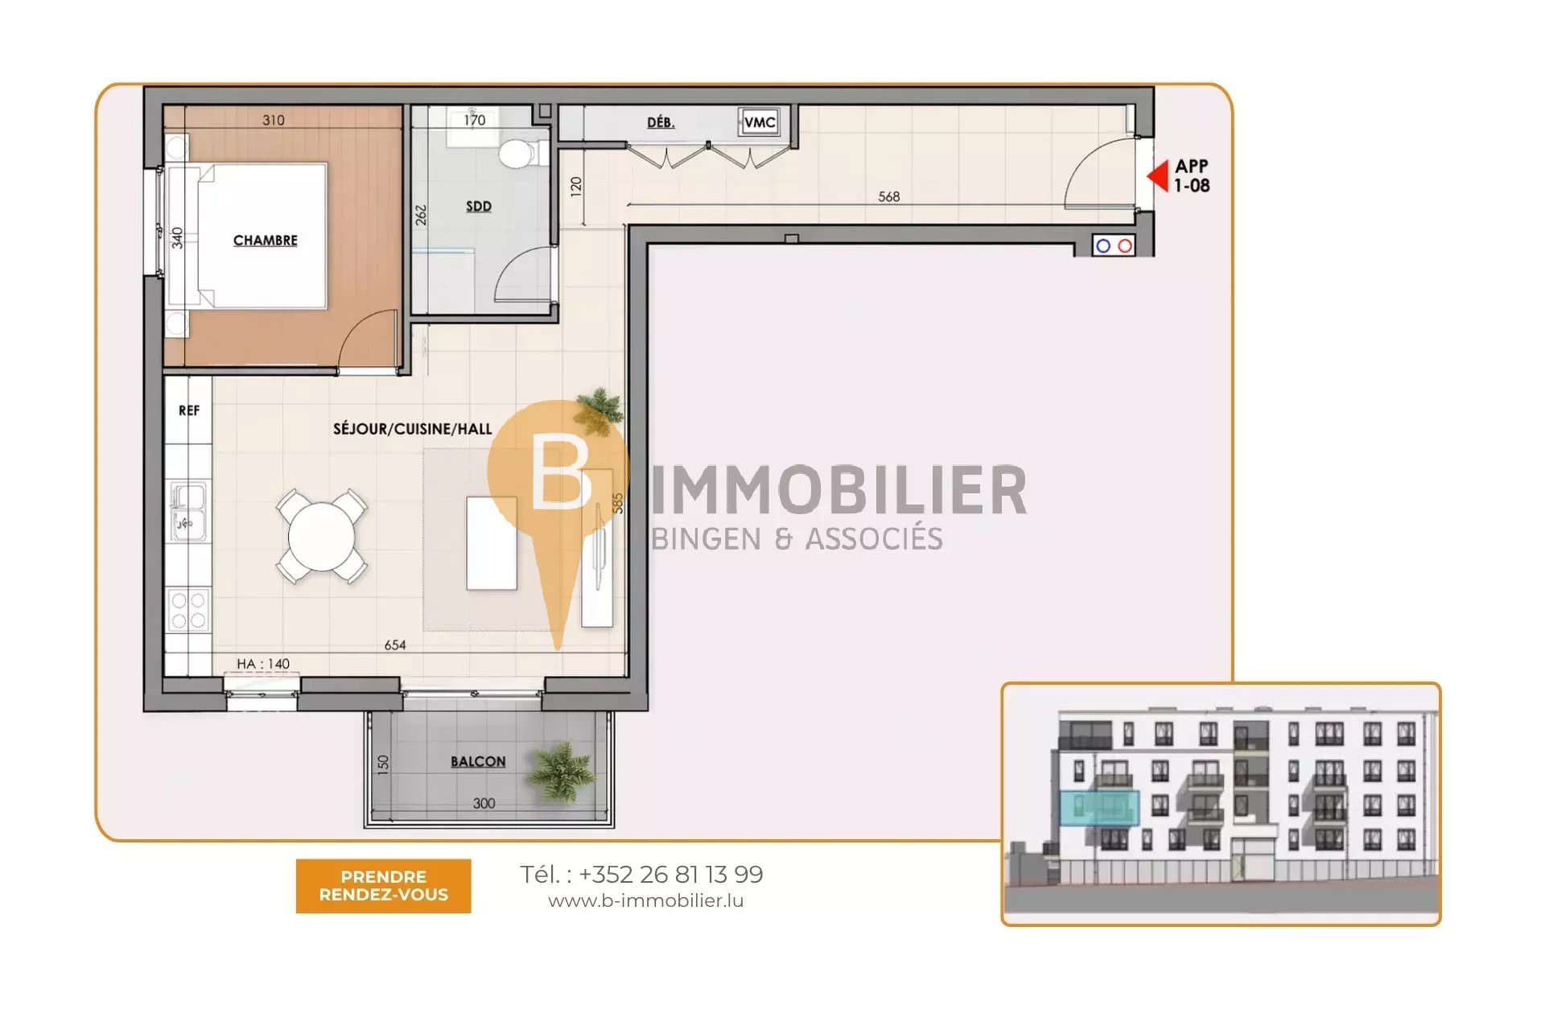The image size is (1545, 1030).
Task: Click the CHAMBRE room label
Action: click(266, 241)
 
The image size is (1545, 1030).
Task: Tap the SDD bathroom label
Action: click(479, 206)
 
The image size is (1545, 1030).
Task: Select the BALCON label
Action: click(478, 761)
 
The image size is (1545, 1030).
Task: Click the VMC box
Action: click(760, 122)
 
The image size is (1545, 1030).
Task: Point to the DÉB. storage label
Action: click(661, 122)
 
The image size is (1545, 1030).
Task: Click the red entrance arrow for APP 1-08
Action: click(1157, 175)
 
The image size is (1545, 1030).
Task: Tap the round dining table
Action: click(322, 536)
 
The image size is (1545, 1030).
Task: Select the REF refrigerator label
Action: click(189, 410)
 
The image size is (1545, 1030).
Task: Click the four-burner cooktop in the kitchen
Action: click(188, 609)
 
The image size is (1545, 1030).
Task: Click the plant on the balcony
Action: click(562, 771)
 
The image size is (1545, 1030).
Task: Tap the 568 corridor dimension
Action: click(889, 196)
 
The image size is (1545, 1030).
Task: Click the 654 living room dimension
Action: click(395, 645)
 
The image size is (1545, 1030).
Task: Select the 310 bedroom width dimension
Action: click(274, 120)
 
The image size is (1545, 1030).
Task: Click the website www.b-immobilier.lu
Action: click(646, 901)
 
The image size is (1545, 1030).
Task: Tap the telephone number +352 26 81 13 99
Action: click(671, 874)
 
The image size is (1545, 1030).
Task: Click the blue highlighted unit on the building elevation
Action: click(1099, 808)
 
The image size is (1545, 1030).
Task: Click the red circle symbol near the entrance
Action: click(1125, 246)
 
